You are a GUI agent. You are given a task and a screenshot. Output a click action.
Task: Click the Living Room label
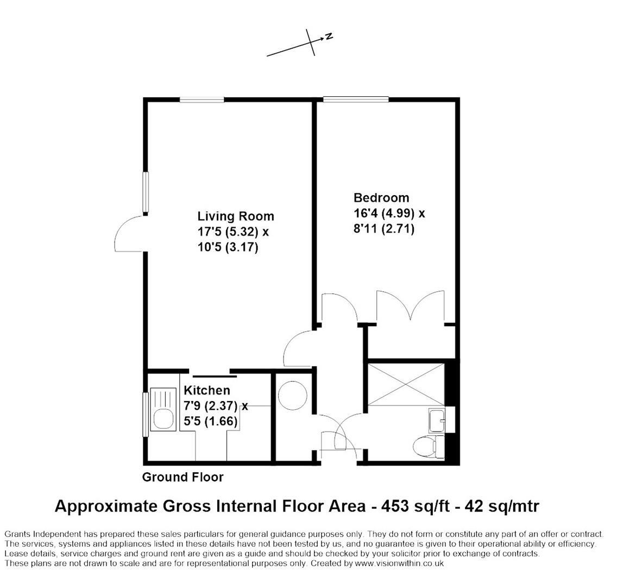235,216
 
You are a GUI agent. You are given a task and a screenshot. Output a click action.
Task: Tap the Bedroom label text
381,198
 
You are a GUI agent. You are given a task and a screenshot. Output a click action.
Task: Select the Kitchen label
206,390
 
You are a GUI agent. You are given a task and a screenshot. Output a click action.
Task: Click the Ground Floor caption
182,477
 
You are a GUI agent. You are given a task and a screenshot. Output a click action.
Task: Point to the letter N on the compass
329,37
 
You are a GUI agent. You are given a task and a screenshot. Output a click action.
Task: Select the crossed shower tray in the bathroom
406,385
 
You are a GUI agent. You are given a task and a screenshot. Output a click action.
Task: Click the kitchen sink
163,417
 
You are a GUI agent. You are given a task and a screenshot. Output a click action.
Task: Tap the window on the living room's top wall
202,99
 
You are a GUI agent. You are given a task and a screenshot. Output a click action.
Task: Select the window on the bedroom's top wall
356,99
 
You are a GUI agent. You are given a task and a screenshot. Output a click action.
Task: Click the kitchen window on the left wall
145,414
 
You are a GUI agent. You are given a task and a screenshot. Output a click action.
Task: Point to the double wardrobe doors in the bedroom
411,307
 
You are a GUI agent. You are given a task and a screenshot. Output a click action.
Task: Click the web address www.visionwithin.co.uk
399,564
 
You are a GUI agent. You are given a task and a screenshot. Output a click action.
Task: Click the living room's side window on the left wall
146,192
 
